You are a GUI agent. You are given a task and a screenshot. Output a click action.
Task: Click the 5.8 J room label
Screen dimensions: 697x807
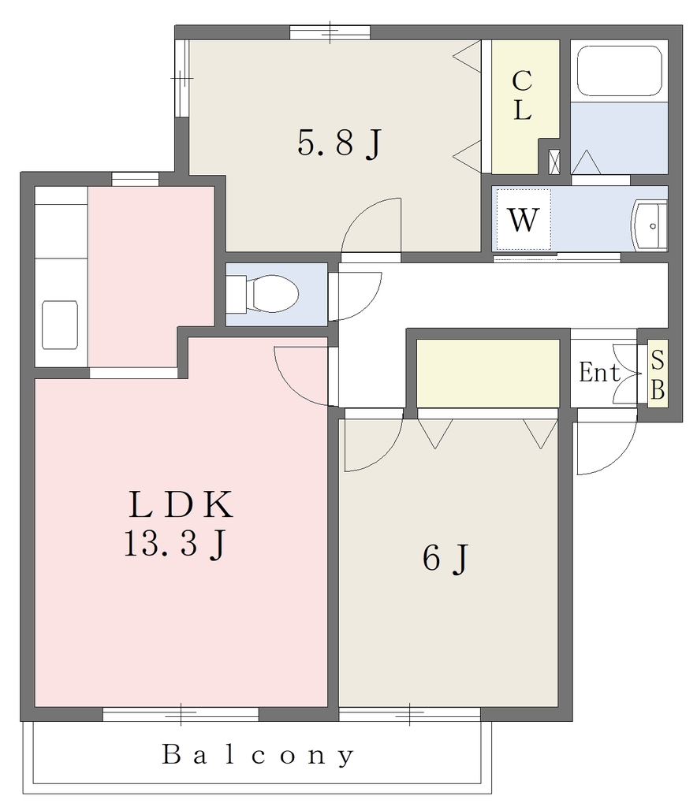(339, 143)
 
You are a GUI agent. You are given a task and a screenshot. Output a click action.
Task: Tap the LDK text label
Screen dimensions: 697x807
(181, 504)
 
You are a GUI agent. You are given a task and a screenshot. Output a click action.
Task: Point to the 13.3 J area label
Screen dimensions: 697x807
(175, 544)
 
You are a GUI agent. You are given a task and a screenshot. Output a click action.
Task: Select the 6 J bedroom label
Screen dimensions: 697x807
(445, 558)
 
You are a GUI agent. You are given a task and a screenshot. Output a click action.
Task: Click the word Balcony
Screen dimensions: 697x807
(259, 755)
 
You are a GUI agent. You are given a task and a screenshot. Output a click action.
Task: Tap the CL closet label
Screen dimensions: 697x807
(522, 95)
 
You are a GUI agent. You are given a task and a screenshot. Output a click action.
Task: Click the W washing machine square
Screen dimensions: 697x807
(524, 219)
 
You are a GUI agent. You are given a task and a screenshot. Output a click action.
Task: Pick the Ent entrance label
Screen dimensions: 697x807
(599, 372)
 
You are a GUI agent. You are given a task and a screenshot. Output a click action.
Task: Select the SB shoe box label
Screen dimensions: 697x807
(658, 374)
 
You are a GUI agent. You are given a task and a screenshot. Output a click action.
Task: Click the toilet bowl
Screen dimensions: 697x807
(272, 294)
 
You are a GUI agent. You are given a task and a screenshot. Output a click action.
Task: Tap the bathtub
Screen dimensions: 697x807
(619, 70)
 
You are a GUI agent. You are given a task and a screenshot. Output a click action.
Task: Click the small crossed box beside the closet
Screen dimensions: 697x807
(554, 161)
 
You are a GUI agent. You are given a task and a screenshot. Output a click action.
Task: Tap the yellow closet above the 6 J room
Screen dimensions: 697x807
(487, 373)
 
